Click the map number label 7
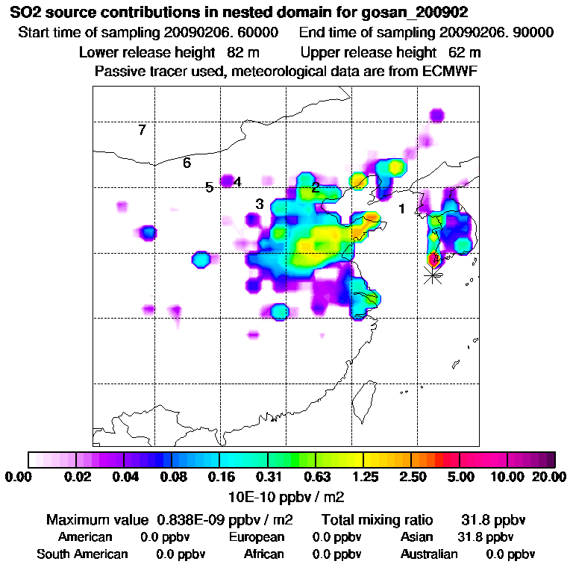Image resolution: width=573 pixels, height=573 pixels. [x=142, y=131]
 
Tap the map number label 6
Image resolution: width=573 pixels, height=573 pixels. [x=187, y=163]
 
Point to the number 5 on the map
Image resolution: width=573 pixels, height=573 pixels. [x=210, y=187]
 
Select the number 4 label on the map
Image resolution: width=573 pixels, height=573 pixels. [x=237, y=181]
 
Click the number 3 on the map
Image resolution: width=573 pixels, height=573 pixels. [x=260, y=204]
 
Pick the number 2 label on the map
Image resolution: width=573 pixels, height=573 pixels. [x=316, y=187]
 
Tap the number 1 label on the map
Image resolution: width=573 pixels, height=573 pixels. [x=401, y=209]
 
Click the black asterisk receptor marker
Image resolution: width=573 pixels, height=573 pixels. [x=432, y=275]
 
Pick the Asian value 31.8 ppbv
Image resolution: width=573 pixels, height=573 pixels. [x=484, y=537]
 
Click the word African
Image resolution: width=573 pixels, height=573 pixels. [x=264, y=554]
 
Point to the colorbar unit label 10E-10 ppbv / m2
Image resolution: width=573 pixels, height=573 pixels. [x=286, y=495]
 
